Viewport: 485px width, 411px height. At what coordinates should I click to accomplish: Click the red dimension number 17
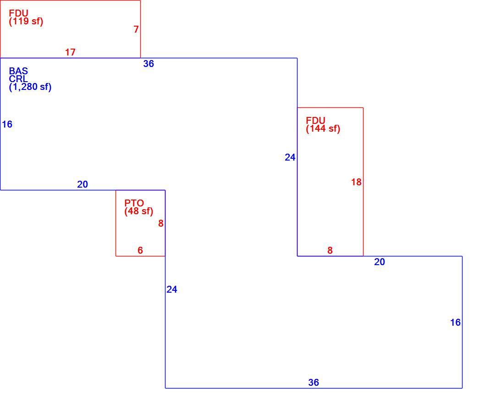click(70, 52)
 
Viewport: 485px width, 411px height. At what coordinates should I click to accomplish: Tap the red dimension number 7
click(136, 29)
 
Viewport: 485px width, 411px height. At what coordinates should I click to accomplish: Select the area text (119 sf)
click(26, 22)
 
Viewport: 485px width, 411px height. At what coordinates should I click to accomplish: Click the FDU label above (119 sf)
click(18, 13)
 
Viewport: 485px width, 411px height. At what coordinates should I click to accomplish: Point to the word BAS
click(18, 71)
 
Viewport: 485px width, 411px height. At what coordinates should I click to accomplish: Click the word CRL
click(18, 78)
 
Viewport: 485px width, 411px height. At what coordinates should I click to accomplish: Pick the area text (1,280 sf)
click(30, 87)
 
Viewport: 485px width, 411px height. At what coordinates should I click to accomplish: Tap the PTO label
click(134, 203)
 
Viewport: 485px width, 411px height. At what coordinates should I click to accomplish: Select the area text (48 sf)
click(139, 211)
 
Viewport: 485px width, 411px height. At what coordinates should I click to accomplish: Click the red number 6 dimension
click(140, 250)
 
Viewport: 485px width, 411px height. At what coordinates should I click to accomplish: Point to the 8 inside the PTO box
click(161, 223)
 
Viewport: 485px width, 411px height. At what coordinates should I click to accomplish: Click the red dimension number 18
click(356, 182)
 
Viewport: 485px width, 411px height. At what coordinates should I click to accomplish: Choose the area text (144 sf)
click(323, 128)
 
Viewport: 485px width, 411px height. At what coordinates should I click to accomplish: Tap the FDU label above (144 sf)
click(315, 120)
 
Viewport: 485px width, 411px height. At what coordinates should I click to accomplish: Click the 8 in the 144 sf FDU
click(330, 250)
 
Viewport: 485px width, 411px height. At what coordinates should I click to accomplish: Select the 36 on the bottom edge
click(314, 383)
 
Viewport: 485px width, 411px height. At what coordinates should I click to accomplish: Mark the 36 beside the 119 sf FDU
click(149, 64)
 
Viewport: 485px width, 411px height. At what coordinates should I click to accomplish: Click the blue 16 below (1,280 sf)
click(7, 124)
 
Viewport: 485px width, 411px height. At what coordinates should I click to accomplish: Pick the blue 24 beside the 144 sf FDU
click(290, 157)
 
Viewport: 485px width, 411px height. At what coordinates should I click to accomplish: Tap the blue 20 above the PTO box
click(83, 184)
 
